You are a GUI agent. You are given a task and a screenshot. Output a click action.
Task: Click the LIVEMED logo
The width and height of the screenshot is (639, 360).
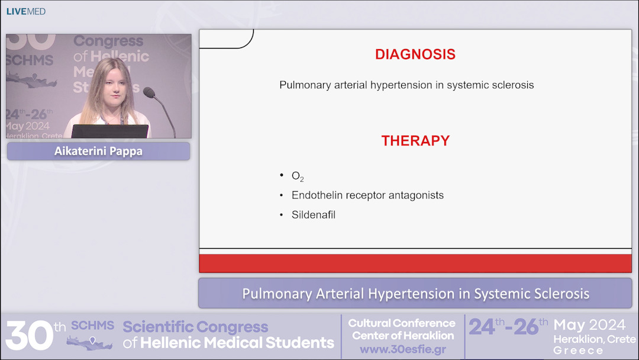coord(25,11)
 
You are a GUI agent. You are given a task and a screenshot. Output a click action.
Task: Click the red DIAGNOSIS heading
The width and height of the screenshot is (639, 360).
coord(415,54)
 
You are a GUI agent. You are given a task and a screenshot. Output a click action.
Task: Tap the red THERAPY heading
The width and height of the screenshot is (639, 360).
coord(415,141)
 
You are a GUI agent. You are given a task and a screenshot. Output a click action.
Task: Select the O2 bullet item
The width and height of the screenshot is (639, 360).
coord(298,176)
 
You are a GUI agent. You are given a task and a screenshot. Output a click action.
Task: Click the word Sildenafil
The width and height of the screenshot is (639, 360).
coord(313,215)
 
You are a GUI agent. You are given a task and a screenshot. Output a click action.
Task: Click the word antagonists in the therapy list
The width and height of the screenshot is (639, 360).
coord(418,195)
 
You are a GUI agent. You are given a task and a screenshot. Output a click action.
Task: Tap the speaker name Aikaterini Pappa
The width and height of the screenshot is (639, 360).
coord(98,151)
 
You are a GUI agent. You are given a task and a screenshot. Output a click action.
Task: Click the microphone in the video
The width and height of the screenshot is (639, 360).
coord(149,93)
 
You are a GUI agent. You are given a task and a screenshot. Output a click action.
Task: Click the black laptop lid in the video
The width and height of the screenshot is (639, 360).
coord(109,131)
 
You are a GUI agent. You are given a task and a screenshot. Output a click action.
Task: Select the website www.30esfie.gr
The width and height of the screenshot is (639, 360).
coord(402,349)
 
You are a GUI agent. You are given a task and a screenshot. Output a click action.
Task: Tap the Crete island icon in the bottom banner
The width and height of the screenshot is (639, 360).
coord(89,342)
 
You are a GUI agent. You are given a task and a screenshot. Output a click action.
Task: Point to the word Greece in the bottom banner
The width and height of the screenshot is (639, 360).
coord(579,351)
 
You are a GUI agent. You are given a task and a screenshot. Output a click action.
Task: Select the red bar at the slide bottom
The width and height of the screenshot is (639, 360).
coord(415,263)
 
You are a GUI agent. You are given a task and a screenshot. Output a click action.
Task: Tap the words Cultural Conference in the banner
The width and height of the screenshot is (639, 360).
coord(402,323)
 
